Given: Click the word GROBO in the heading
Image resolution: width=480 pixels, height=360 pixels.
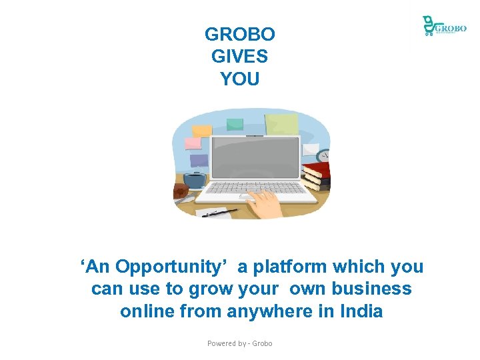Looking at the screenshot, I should pyautogui.click(x=239, y=34).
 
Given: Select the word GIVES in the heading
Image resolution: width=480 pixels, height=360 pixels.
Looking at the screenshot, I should pyautogui.click(x=239, y=57).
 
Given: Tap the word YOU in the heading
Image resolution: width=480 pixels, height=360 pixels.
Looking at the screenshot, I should pyautogui.click(x=239, y=79).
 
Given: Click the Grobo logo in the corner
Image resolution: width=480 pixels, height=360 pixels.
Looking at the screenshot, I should pyautogui.click(x=443, y=26).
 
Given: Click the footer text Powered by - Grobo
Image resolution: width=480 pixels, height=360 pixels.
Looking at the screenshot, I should pyautogui.click(x=239, y=343).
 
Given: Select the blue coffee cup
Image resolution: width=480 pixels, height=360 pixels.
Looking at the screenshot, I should pyautogui.click(x=194, y=179).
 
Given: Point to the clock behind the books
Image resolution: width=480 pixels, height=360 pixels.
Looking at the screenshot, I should pyautogui.click(x=324, y=155).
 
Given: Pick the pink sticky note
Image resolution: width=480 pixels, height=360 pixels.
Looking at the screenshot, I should pyautogui.click(x=193, y=143).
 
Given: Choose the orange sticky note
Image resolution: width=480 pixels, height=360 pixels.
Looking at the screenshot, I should pyautogui.click(x=201, y=130).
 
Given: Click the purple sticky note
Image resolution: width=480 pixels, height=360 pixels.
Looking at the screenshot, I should pyautogui.click(x=199, y=161).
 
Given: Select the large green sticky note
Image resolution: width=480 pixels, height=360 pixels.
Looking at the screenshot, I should pyautogui.click(x=281, y=123).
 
